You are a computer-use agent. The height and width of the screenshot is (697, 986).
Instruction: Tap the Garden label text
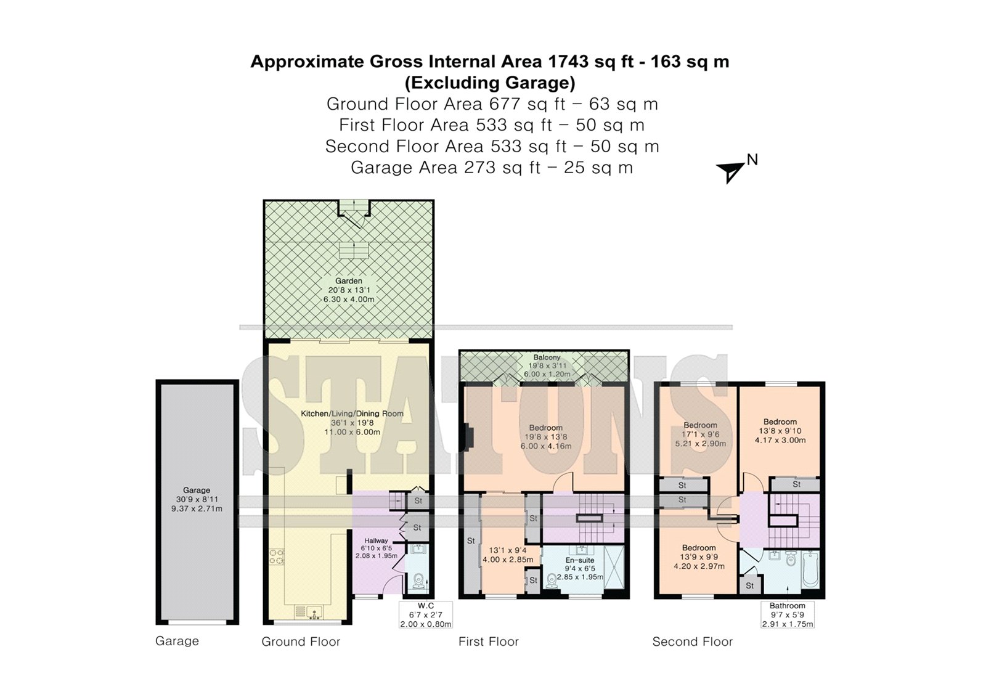(349, 281)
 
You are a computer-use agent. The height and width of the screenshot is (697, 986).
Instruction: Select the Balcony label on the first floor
(547, 357)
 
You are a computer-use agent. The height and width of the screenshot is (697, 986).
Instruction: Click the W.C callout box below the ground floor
(426, 614)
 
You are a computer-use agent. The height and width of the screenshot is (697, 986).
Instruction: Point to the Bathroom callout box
(788, 614)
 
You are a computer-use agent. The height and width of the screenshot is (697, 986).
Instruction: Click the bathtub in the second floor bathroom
(810, 570)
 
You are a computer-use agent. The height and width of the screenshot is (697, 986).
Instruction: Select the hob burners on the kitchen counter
(277, 556)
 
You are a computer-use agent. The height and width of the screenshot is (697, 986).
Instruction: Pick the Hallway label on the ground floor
(376, 540)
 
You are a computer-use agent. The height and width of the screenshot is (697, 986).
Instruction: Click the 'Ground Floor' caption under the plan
(301, 642)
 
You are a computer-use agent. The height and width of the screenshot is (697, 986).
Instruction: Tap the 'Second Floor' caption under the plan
(693, 642)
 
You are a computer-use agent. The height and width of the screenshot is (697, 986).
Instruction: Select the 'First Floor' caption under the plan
(489, 642)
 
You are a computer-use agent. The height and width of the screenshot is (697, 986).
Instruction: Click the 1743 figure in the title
(568, 62)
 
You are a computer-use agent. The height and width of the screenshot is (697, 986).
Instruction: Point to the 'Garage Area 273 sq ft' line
(445, 168)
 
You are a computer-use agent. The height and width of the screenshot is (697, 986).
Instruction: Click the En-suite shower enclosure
(614, 567)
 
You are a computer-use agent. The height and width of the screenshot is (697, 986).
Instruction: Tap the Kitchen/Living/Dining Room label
(352, 414)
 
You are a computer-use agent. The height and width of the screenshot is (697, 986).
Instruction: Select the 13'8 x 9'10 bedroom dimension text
(780, 431)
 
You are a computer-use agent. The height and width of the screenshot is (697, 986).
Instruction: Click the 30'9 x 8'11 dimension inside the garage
(197, 499)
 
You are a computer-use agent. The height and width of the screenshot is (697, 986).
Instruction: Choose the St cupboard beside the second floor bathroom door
(750, 585)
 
